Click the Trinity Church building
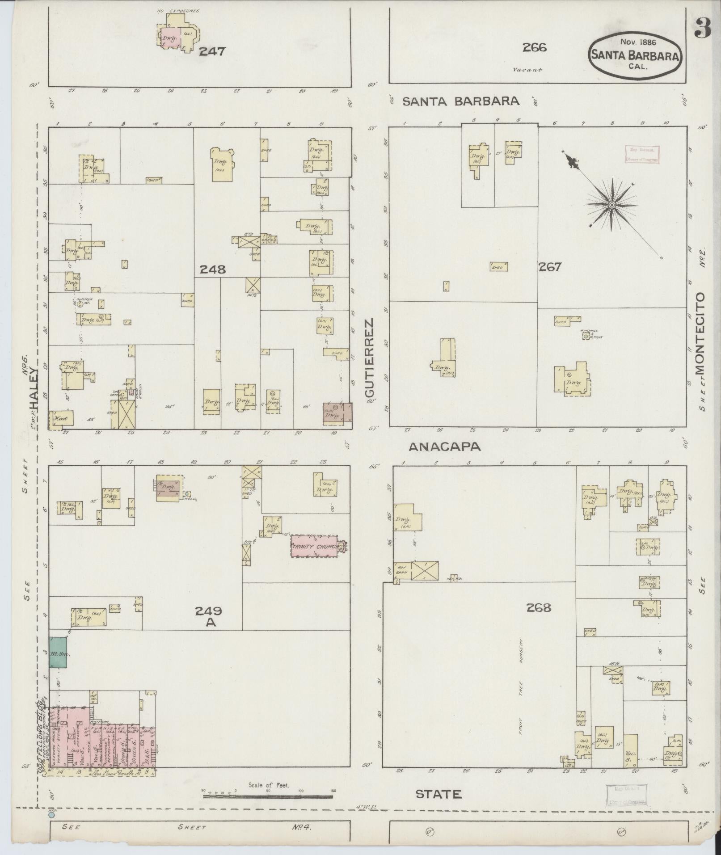click(x=314, y=546)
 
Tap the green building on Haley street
click(x=58, y=653)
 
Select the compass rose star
click(x=611, y=205)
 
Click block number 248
click(x=212, y=270)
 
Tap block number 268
click(x=539, y=607)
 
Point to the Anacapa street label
click(x=445, y=446)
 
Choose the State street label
click(x=438, y=794)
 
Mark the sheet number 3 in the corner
click(x=702, y=28)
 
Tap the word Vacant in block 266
click(x=527, y=70)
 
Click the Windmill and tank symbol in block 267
click(x=586, y=335)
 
